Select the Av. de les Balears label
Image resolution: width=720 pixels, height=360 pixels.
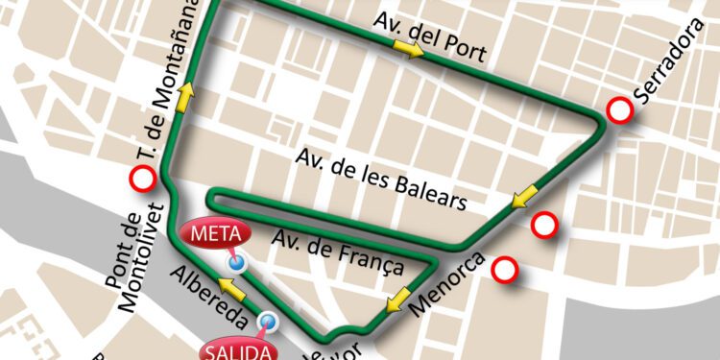click(x=381, y=179)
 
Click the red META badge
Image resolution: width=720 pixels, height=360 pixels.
click(x=213, y=234)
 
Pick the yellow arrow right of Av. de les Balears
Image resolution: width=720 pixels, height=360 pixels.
click(x=523, y=199)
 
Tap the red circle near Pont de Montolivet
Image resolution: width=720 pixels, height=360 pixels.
click(x=144, y=178)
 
